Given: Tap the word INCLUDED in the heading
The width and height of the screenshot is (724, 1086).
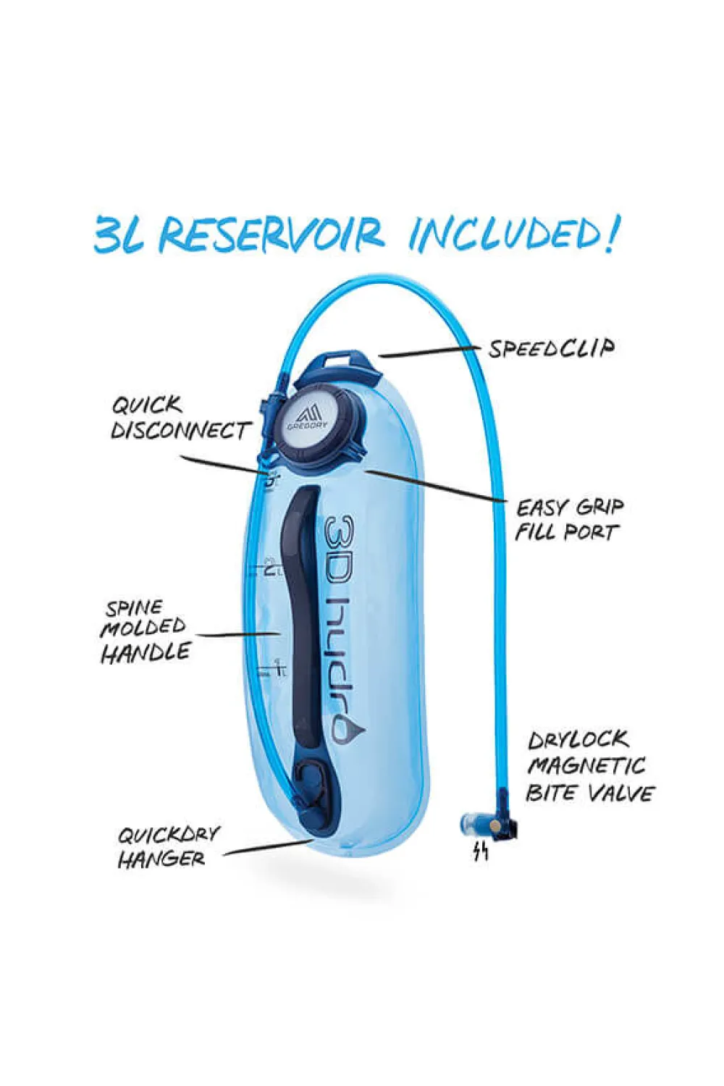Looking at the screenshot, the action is click(x=503, y=234).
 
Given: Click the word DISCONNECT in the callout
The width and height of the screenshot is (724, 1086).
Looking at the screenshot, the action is click(x=181, y=430).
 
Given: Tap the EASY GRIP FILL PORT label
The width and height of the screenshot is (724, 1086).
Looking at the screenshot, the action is click(x=569, y=521).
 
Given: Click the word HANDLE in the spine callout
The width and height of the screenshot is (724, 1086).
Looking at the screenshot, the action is click(x=146, y=652).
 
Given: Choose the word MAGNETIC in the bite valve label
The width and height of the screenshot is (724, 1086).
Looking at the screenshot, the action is click(x=586, y=765).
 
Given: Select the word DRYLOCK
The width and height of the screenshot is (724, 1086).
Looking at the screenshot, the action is click(x=578, y=741).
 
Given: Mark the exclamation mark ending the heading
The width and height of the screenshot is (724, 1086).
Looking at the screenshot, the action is click(x=611, y=234).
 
